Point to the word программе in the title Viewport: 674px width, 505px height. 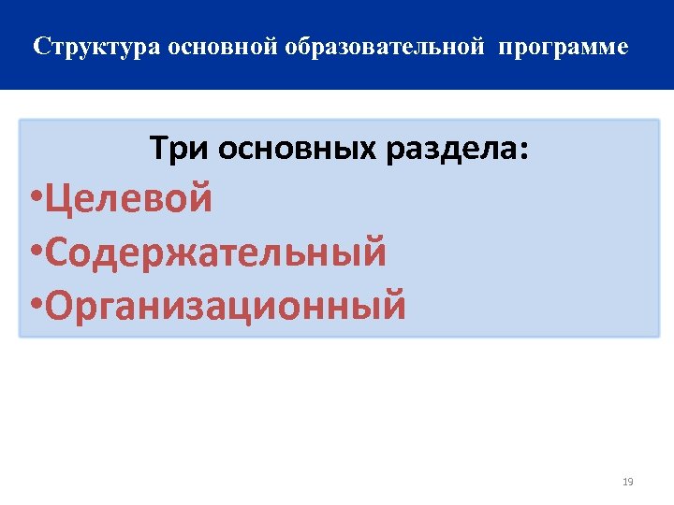coord(564,47)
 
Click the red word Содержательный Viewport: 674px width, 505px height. coord(215,252)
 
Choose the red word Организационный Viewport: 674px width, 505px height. coord(226,307)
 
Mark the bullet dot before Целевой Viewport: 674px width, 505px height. coord(35,200)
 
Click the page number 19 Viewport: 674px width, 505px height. coord(627,482)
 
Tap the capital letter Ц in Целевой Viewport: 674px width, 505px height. coord(58,199)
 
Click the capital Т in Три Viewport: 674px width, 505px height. coord(158,149)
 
